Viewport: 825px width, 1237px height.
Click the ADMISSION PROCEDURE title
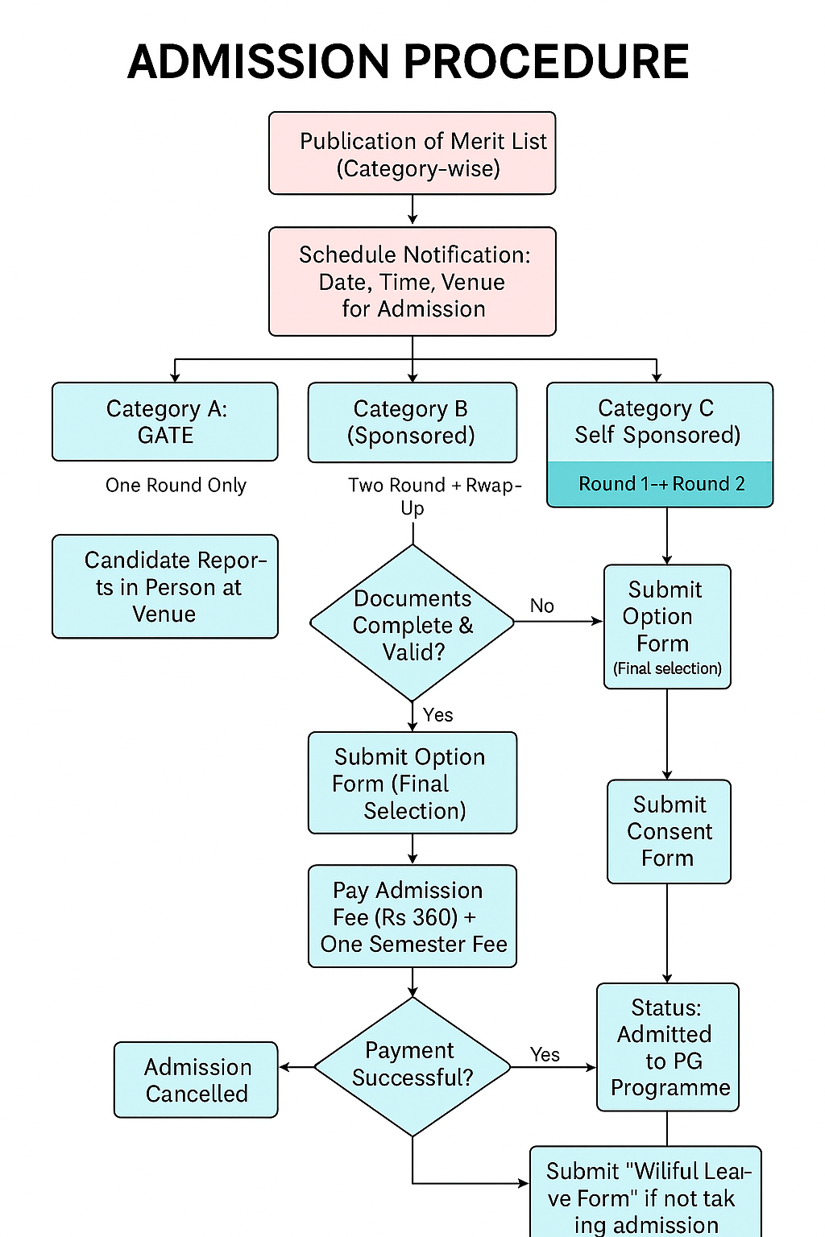pyautogui.click(x=408, y=62)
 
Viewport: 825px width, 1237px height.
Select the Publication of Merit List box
pyautogui.click(x=412, y=153)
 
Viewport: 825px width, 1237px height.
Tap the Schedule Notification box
pyautogui.click(x=412, y=281)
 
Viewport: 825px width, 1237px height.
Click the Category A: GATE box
pyautogui.click(x=165, y=421)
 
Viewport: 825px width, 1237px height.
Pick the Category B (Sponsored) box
pyautogui.click(x=412, y=422)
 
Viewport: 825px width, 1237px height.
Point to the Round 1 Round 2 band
pyautogui.click(x=660, y=484)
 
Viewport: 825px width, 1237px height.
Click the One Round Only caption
pyautogui.click(x=176, y=485)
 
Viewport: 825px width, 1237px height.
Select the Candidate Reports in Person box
pyautogui.click(x=165, y=586)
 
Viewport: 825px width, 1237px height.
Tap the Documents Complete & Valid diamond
pyautogui.click(x=412, y=623)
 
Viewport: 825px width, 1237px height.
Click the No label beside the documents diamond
pyautogui.click(x=541, y=606)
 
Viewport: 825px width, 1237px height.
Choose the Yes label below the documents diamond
pyautogui.click(x=437, y=715)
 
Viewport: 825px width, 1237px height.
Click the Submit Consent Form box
pyautogui.click(x=669, y=831)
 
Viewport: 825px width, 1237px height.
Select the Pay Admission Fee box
pyautogui.click(x=412, y=916)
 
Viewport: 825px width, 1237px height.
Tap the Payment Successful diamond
pyautogui.click(x=412, y=1065)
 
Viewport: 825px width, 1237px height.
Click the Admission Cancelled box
pyautogui.click(x=196, y=1080)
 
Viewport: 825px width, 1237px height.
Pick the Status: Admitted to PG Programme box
pyautogui.click(x=668, y=1047)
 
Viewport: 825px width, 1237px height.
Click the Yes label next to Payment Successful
pyautogui.click(x=545, y=1054)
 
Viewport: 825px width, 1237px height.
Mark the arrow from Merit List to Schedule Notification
pyautogui.click(x=412, y=210)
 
